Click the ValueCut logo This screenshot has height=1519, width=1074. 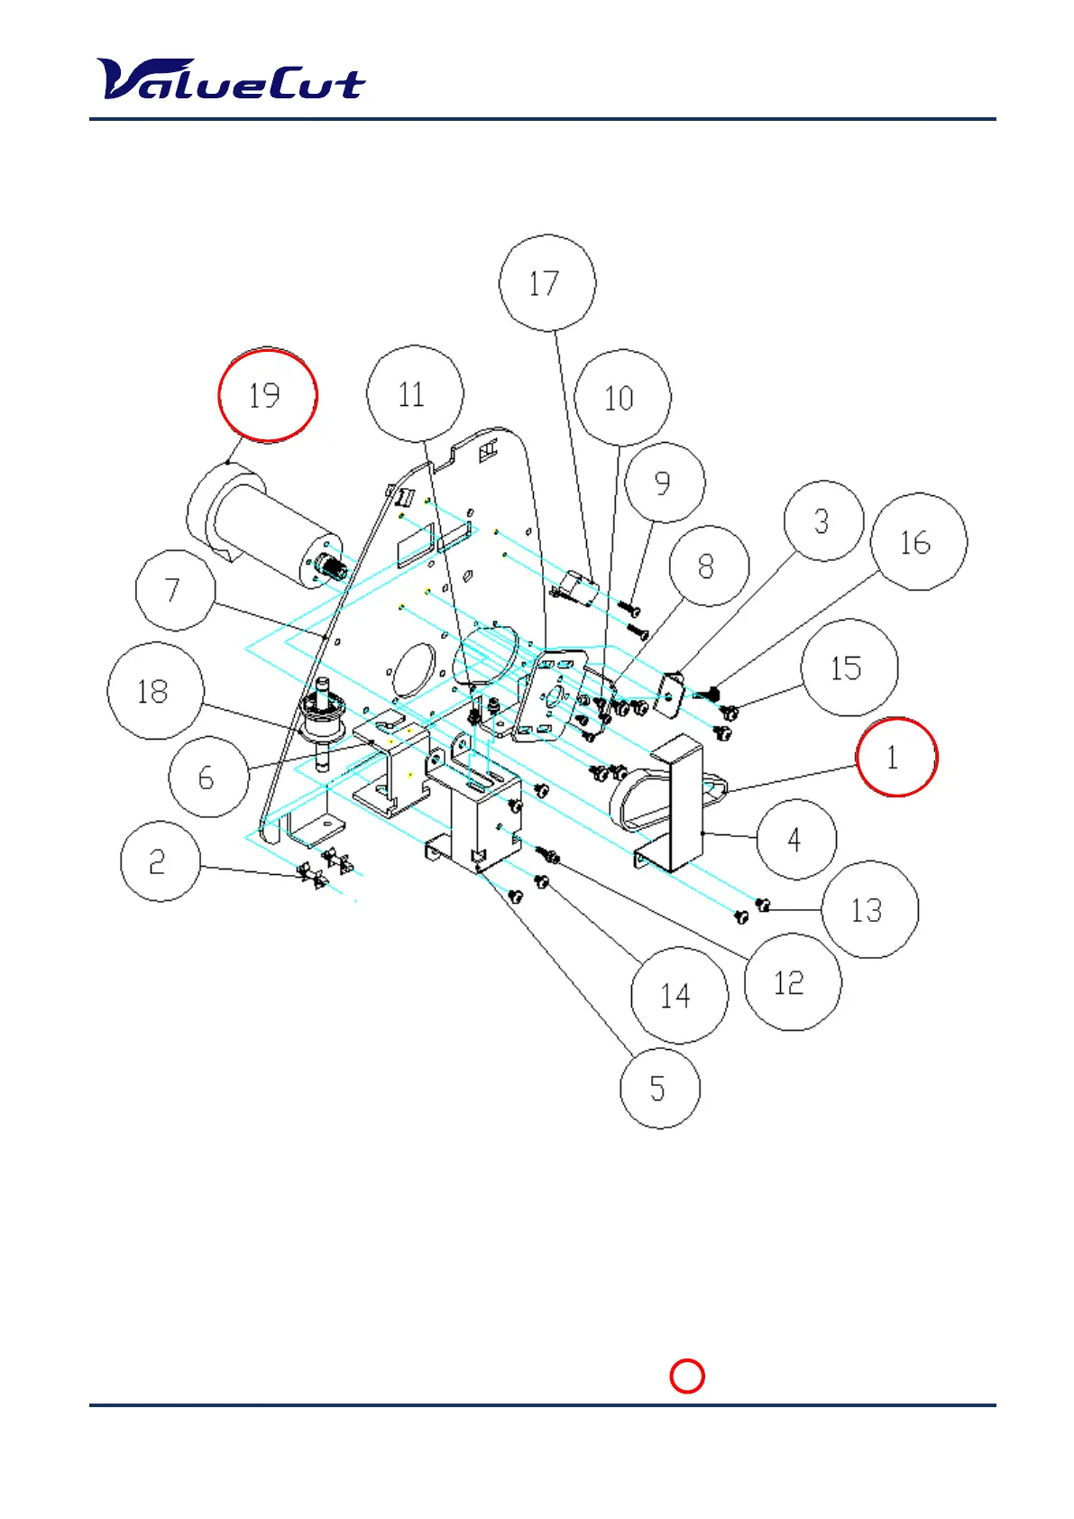[x=231, y=79]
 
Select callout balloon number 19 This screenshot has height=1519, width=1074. [x=268, y=395]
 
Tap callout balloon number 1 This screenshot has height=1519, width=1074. [x=896, y=757]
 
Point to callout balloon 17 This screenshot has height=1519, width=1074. [x=546, y=283]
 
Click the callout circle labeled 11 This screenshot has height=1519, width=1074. [x=414, y=393]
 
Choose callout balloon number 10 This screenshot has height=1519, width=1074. [x=621, y=398]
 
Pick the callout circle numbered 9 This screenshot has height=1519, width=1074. [x=664, y=483]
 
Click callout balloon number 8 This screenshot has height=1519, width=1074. [x=709, y=566]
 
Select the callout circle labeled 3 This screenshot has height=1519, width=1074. [x=823, y=521]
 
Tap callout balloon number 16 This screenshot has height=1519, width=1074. [x=918, y=541]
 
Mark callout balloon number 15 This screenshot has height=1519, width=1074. [x=849, y=667]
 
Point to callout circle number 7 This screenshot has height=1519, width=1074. [x=175, y=590]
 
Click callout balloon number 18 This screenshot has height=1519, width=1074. [x=155, y=691]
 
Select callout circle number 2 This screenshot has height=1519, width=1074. [x=160, y=861]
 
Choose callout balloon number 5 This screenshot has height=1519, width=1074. [x=659, y=1088]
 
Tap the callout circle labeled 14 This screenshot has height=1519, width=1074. [x=678, y=995]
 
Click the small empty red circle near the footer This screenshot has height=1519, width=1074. [x=687, y=1376]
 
